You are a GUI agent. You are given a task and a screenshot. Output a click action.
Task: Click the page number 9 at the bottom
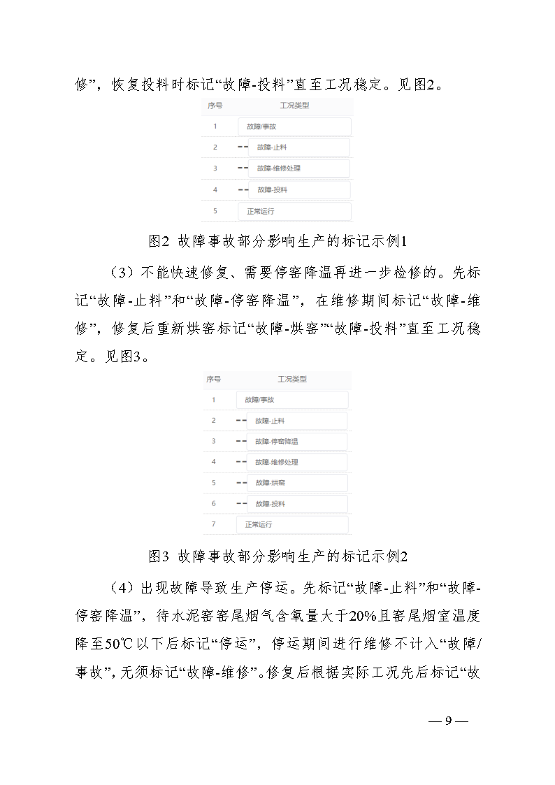point(449,721)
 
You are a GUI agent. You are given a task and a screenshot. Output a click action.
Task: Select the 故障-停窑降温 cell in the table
point(277,441)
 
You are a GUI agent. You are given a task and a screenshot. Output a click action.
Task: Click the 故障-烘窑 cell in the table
point(271,483)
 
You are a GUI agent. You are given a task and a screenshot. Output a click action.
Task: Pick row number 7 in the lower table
point(214,524)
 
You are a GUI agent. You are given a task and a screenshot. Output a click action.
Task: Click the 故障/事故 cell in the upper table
point(262,127)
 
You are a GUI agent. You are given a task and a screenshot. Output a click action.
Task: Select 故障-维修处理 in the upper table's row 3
point(279,168)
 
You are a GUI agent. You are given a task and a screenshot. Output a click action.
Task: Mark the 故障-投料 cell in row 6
point(271,503)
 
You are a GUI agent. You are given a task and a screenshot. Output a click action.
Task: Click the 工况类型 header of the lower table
point(292,380)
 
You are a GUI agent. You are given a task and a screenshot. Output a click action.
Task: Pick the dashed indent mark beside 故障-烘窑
point(241,483)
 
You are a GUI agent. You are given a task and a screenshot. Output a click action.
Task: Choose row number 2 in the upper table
point(215,147)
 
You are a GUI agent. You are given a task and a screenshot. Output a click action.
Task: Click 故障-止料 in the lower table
point(270,421)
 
